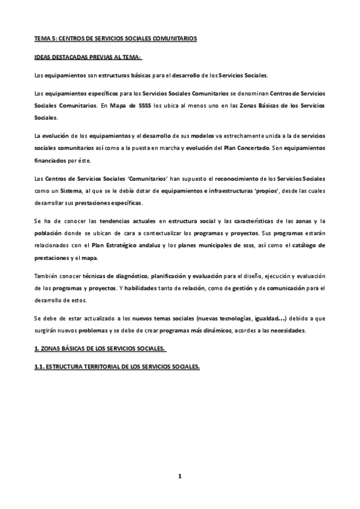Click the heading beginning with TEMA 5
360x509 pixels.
pyautogui.click(x=116, y=38)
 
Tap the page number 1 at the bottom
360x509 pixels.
pyautogui.click(x=179, y=476)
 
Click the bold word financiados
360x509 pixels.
pyautogui.click(x=50, y=161)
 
